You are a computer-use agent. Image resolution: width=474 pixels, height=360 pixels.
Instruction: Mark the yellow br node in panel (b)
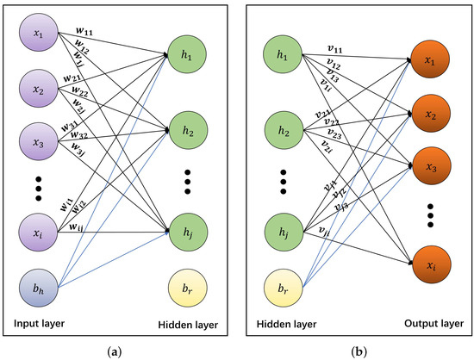click(281, 281)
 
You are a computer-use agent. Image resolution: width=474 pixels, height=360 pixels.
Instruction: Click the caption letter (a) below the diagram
click(119, 351)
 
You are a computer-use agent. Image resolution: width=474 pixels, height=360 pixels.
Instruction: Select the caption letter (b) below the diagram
click(354, 351)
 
